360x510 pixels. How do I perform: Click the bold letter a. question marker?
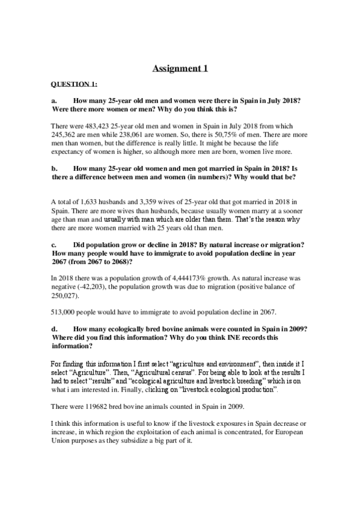pos(54,102)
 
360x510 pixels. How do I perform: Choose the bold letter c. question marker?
pos(54,245)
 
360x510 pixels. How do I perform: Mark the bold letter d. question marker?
pos(54,329)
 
